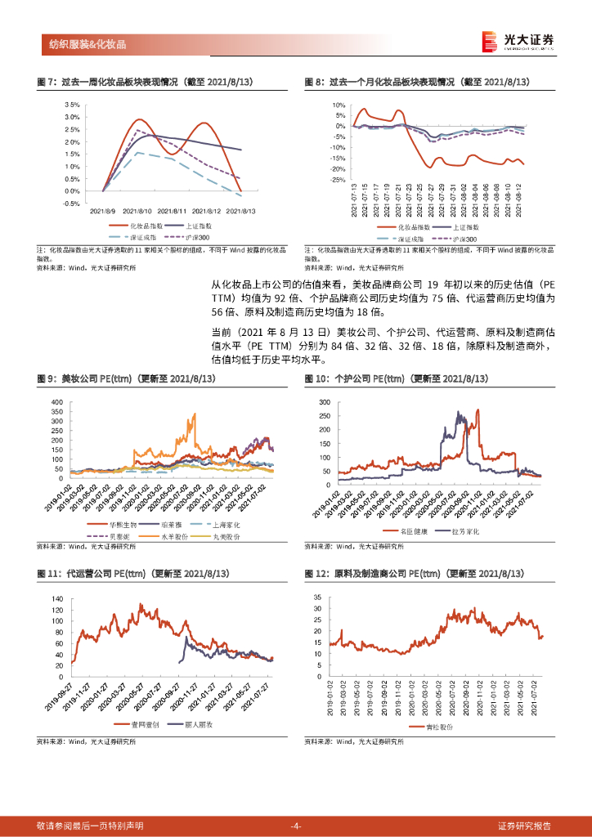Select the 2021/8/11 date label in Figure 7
point(173,209)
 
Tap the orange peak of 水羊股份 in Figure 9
point(194,414)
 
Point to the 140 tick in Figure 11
point(56,599)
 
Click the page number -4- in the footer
point(296,826)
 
